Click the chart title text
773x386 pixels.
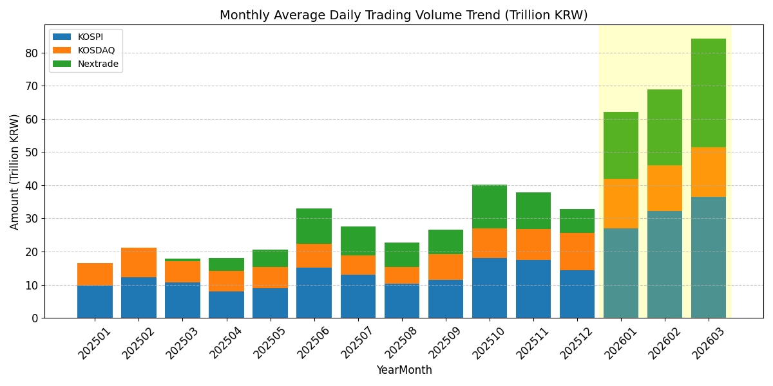(x=404, y=15)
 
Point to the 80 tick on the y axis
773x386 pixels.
(x=32, y=53)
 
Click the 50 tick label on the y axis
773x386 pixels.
(x=32, y=152)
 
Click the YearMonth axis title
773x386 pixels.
(x=404, y=371)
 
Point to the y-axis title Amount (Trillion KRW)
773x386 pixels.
(x=15, y=172)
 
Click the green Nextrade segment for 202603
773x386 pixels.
(x=709, y=93)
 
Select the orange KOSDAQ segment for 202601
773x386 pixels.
(x=621, y=203)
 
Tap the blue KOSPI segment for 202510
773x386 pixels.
(x=490, y=288)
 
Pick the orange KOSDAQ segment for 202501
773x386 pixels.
(x=95, y=274)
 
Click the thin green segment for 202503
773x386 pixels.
(x=182, y=260)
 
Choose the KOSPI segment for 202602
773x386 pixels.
(x=665, y=264)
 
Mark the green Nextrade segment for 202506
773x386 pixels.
(x=314, y=226)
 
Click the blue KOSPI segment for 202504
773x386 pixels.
(x=226, y=304)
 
